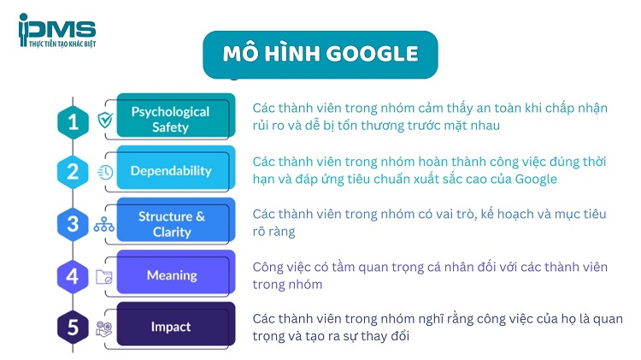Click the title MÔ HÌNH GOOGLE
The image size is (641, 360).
coord(320,54)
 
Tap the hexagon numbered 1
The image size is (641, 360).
coord(73,121)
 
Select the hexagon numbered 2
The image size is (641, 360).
coord(73,172)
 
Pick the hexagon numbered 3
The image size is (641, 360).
coord(73,225)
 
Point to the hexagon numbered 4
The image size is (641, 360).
coord(73,276)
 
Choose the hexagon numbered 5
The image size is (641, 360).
coord(73,328)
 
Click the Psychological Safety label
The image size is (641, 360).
coord(170,120)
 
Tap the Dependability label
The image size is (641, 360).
coord(171,171)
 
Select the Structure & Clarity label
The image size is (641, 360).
coord(172,223)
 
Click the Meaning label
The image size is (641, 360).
coord(171,275)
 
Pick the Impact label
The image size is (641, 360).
coord(171,327)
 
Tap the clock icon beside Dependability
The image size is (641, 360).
coord(106,172)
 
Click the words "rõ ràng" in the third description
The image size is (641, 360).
coord(273,231)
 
